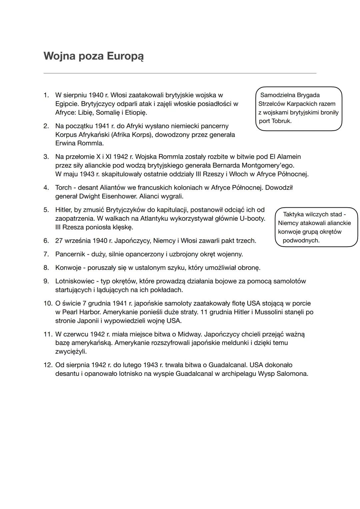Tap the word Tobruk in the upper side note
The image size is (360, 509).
[282, 121]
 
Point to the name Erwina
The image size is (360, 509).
[66, 143]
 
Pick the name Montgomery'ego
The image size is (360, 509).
[268, 165]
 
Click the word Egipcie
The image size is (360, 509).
[66, 104]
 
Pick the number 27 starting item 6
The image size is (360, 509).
[59, 241]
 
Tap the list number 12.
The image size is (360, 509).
[48, 365]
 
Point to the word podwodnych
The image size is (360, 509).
[301, 240]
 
